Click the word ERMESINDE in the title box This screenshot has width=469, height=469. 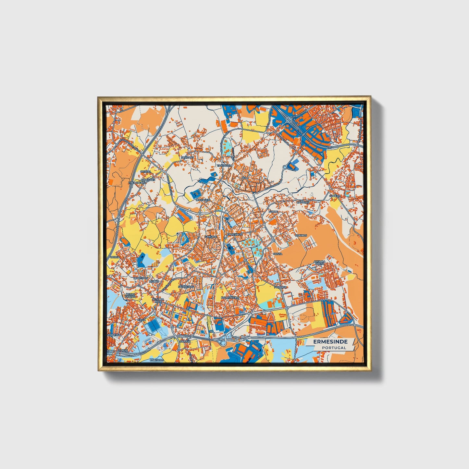click(x=330, y=342)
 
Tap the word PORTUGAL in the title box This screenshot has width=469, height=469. click(x=334, y=348)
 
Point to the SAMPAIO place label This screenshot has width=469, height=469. click(x=187, y=157)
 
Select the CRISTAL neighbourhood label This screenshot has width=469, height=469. click(x=145, y=171)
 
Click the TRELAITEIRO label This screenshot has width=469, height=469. click(x=137, y=183)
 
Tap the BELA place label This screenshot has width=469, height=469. click(x=245, y=178)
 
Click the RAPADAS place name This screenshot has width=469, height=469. click(x=303, y=202)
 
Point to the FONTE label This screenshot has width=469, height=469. click(x=273, y=212)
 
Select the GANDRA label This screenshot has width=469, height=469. click(x=210, y=237)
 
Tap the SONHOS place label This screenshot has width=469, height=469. click(x=301, y=235)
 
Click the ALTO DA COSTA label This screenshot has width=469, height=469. click(x=319, y=263)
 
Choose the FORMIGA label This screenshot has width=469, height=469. click(x=280, y=287)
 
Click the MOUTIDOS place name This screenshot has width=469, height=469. click(x=141, y=278)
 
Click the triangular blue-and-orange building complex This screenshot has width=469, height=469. click(x=347, y=318)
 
